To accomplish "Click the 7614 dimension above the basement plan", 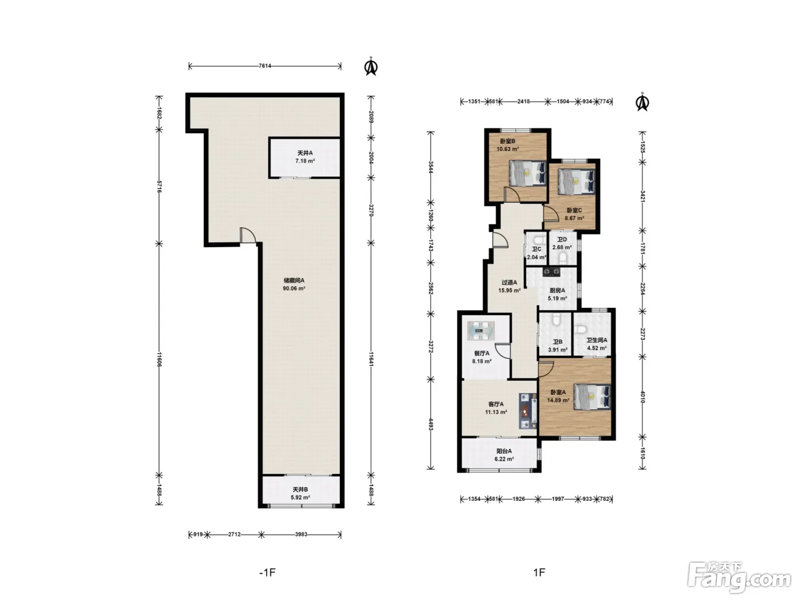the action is click(265, 66).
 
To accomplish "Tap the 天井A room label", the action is click(305, 153).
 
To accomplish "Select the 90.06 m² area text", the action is click(294, 288).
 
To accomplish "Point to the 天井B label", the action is click(300, 489).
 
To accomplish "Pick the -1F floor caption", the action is click(268, 572).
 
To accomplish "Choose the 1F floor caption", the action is click(539, 572).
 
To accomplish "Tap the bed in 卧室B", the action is click(528, 173).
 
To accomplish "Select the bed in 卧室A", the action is click(592, 397).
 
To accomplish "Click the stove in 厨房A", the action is click(551, 272).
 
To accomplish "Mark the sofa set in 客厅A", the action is click(528, 411).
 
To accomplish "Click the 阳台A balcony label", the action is click(504, 451).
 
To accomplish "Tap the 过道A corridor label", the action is click(509, 282).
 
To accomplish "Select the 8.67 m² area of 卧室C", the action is click(574, 218).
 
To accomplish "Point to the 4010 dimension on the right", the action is click(643, 397).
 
